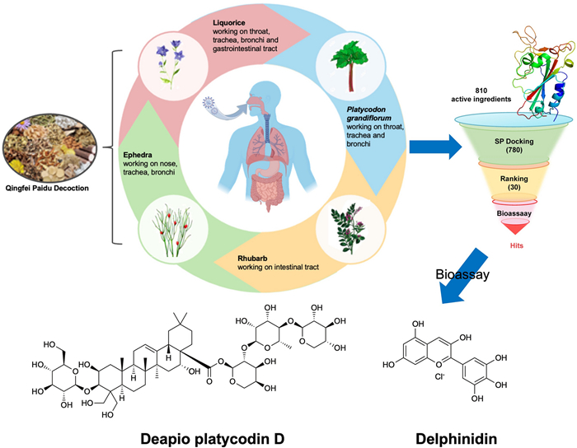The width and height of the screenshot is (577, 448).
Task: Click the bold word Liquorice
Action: tap(229, 23)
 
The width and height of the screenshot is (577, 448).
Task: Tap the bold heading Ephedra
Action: tap(138, 155)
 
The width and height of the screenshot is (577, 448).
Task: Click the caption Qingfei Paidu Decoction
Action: tap(47, 188)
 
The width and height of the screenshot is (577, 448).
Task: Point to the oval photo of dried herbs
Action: tap(49, 148)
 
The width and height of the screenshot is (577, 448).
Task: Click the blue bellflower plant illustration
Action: tap(171, 63)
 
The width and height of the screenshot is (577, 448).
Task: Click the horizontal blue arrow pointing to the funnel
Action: tap(435, 147)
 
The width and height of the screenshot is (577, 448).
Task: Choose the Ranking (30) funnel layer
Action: tap(514, 183)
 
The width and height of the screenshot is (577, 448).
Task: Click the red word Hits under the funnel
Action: tap(516, 245)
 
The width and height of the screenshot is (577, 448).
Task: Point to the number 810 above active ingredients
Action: tap(481, 91)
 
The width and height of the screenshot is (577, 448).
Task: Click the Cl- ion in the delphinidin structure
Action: tap(439, 376)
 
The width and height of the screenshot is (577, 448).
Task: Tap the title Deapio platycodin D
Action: tap(213, 439)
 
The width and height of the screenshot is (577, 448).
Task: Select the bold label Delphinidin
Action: tap(457, 438)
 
